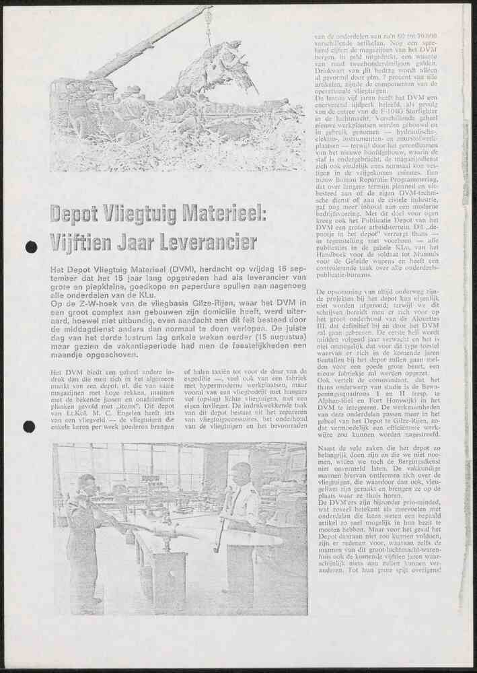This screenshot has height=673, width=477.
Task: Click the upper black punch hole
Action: [x=31, y=247]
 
